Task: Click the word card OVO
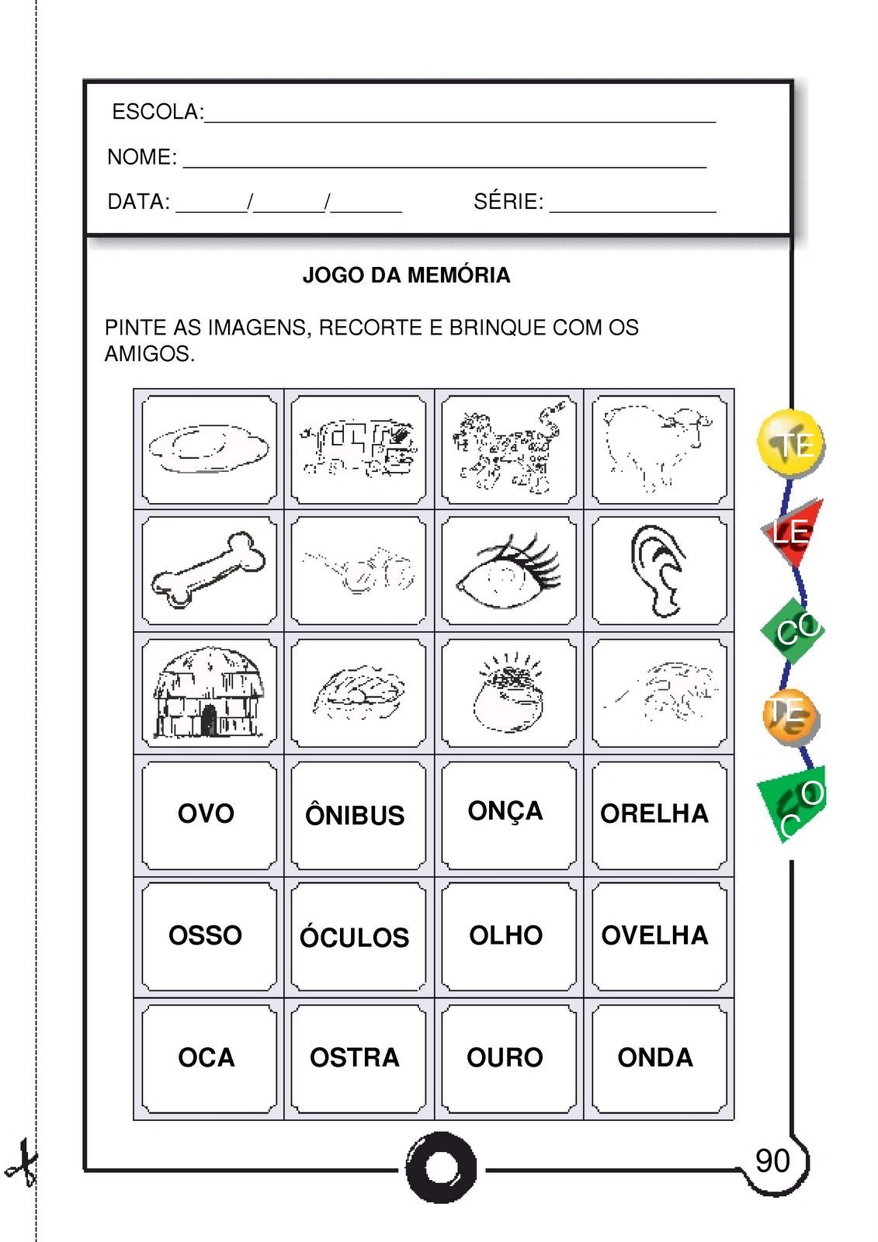[206, 814]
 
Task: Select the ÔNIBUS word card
[355, 815]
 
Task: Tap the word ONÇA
[505, 811]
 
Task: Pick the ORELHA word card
[654, 814]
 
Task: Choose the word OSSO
[205, 935]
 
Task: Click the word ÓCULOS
[355, 938]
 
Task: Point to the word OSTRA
[355, 1057]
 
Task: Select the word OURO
[505, 1057]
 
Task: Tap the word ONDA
[655, 1057]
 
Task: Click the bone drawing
[208, 569]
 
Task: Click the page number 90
[772, 1161]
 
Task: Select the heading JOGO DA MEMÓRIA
[406, 276]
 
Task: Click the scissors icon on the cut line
[22, 1162]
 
